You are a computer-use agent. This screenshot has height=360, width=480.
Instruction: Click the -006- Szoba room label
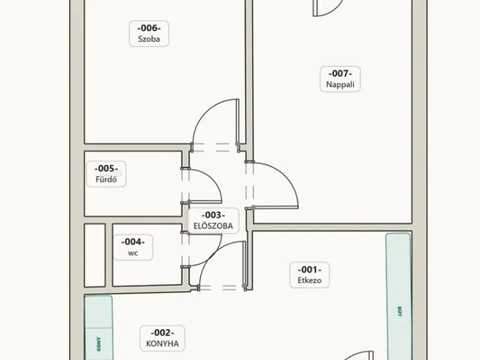click(149, 33)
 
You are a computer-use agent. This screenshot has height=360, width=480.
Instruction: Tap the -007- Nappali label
click(340, 79)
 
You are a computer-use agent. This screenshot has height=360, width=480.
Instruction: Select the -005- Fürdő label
click(106, 174)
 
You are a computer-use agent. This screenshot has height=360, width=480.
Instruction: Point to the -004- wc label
click(133, 247)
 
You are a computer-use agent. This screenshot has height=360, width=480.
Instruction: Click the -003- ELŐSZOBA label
click(213, 220)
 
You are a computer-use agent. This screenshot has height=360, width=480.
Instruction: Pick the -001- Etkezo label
click(310, 275)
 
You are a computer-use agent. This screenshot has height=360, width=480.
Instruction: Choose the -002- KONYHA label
click(163, 338)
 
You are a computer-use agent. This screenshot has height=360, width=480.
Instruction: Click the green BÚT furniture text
click(399, 311)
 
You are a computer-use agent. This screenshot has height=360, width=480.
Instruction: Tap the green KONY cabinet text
click(98, 344)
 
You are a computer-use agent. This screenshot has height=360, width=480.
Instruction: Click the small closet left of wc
click(95, 255)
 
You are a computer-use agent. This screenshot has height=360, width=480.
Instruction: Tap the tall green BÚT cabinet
click(398, 296)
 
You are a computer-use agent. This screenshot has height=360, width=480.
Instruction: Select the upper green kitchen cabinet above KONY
click(98, 312)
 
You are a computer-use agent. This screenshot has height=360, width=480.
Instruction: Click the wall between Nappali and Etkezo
click(332, 227)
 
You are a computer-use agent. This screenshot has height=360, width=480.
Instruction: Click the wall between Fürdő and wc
click(133, 220)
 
